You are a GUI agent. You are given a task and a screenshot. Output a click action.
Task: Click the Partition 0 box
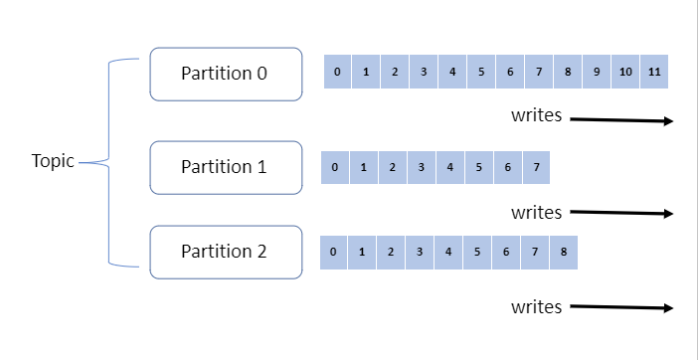point(225,74)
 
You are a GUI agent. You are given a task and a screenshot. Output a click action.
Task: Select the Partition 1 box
point(225,167)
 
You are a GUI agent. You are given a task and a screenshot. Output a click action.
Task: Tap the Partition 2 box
point(225,252)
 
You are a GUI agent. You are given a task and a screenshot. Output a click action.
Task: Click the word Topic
point(53,161)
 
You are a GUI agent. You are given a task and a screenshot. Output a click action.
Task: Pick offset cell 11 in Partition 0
point(654,73)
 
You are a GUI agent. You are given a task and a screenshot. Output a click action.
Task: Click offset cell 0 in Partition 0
point(338,73)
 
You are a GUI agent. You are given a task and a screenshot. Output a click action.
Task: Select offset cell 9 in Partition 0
point(597,73)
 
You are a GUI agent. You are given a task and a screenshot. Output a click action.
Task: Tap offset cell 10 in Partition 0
point(625,73)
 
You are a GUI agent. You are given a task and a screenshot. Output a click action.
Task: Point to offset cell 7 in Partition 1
point(536,167)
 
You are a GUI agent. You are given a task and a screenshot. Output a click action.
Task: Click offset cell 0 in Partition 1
point(335,167)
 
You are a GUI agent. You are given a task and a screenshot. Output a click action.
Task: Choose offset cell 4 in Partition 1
point(449,167)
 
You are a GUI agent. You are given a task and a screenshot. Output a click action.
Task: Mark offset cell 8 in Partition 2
point(563,253)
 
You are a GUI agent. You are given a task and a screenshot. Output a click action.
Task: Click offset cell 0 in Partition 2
point(333,253)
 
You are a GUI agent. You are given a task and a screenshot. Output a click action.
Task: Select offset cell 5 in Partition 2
point(476,253)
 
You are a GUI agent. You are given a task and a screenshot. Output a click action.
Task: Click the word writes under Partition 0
point(537,115)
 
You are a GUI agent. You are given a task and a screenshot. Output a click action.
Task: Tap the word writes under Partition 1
point(537,212)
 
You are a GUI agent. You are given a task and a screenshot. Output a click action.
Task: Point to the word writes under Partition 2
point(537,307)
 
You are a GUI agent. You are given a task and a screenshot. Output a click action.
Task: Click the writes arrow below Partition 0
point(622,119)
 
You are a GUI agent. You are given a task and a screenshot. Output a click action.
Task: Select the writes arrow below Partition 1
point(622,213)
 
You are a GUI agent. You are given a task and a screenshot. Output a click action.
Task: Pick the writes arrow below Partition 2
point(622,307)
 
